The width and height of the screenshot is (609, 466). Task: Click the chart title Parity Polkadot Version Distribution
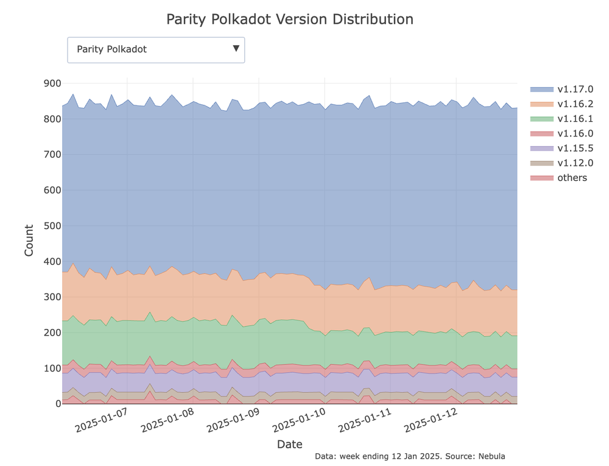(x=290, y=19)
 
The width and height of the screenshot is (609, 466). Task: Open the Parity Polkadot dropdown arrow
(x=236, y=49)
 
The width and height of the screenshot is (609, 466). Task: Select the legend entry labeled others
(x=572, y=178)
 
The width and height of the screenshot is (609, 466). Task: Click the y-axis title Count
(x=29, y=241)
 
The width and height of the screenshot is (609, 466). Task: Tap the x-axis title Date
(x=289, y=444)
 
